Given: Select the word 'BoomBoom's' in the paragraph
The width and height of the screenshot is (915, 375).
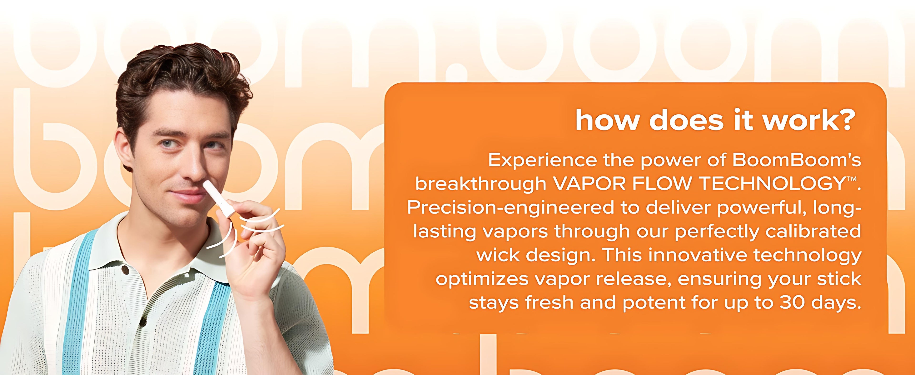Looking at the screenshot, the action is (796, 160).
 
